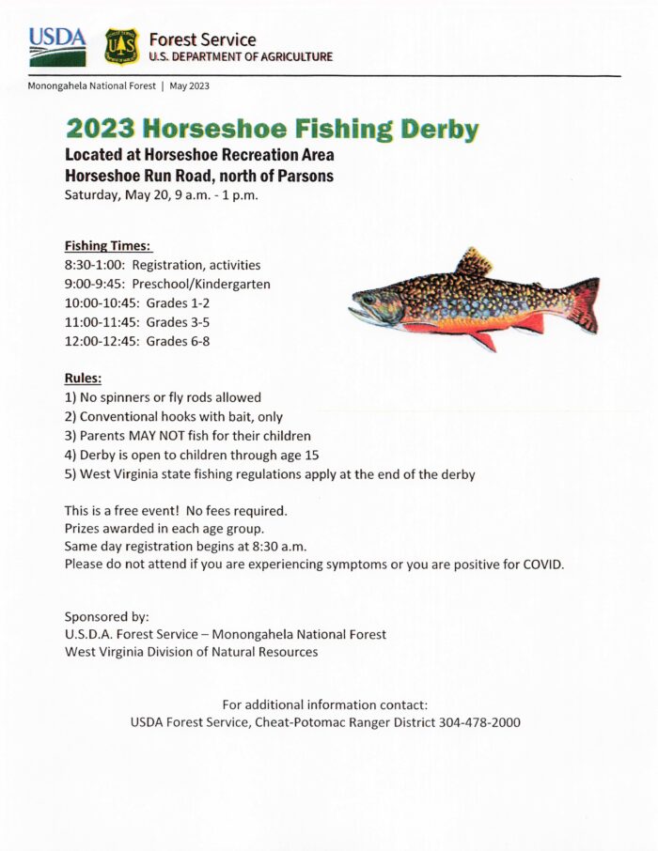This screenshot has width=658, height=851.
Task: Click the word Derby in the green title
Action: click(439, 130)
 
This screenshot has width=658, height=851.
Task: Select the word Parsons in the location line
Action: click(306, 176)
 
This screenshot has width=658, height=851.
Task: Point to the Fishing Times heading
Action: click(108, 246)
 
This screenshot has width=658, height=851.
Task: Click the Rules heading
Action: click(83, 379)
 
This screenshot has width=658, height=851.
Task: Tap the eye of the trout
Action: click(368, 300)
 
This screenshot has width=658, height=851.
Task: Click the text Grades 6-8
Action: click(178, 341)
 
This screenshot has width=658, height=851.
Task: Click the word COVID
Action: click(540, 564)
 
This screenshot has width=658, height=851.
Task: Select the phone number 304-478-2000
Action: click(479, 722)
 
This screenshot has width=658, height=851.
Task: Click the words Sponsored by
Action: click(106, 617)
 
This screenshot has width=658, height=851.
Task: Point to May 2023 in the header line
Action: click(189, 85)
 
